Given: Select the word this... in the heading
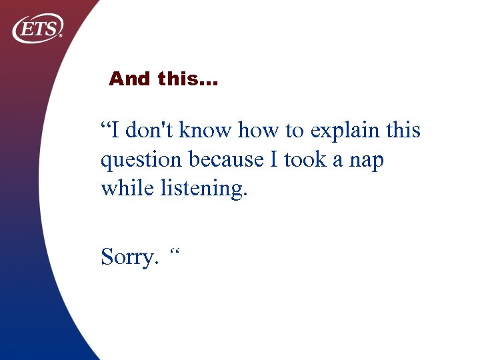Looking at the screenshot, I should pos(188,79).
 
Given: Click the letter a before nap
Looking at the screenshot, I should pos(339,161).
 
